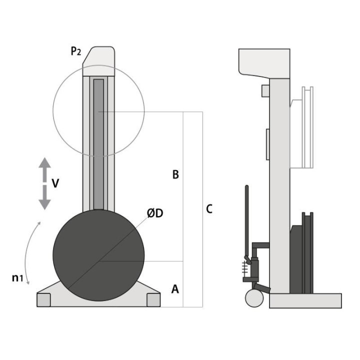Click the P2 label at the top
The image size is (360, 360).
click(x=76, y=51)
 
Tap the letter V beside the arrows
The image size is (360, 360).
click(x=55, y=183)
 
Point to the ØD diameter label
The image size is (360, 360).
click(x=155, y=213)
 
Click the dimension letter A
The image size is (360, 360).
click(x=175, y=288)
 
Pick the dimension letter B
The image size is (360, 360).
click(x=175, y=174)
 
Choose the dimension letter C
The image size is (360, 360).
click(x=209, y=209)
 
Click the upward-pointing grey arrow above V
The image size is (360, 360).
click(x=44, y=168)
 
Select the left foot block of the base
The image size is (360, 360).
click(x=44, y=299)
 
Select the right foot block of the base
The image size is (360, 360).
click(x=153, y=299)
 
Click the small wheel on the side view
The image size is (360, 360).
click(x=254, y=298)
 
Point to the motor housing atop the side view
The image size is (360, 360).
click(x=264, y=62)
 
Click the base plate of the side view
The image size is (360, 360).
click(x=305, y=300)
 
